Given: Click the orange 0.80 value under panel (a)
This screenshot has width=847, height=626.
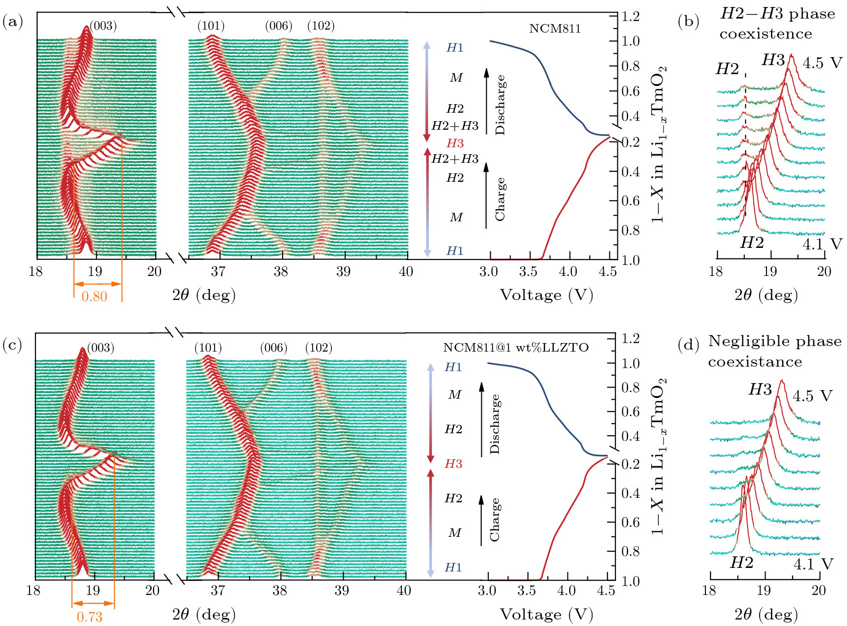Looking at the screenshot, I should point(95,296).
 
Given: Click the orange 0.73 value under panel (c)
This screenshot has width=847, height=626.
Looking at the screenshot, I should point(90,617).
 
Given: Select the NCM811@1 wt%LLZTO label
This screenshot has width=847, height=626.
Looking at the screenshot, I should point(516,348).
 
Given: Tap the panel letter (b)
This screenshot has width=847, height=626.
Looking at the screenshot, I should point(688,22).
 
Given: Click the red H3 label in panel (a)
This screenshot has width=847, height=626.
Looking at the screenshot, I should point(455,143).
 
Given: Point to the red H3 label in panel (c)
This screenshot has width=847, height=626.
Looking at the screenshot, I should point(453,464).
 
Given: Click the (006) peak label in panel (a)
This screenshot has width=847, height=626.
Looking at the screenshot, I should point(279,26).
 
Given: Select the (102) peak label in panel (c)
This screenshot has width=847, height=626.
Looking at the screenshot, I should point(319,348).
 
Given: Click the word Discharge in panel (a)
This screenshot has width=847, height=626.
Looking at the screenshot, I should point(500,105).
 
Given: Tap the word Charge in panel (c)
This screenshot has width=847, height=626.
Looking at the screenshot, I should point(494,519).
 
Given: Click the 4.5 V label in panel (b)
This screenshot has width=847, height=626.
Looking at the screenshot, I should point(822,63).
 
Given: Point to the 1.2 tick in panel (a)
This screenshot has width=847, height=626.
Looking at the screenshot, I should point(631,17).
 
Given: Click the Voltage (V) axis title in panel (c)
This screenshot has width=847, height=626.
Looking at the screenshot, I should point(546,614).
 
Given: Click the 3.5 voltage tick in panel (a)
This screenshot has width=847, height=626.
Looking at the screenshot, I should point(528,272).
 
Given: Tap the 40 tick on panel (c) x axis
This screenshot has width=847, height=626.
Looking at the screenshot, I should point(404,591).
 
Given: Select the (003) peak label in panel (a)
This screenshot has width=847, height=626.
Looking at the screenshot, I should point(103,26).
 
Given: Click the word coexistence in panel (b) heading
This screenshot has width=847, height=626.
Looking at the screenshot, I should point(766,34).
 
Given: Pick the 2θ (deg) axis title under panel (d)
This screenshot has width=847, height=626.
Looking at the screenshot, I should point(766,614).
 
